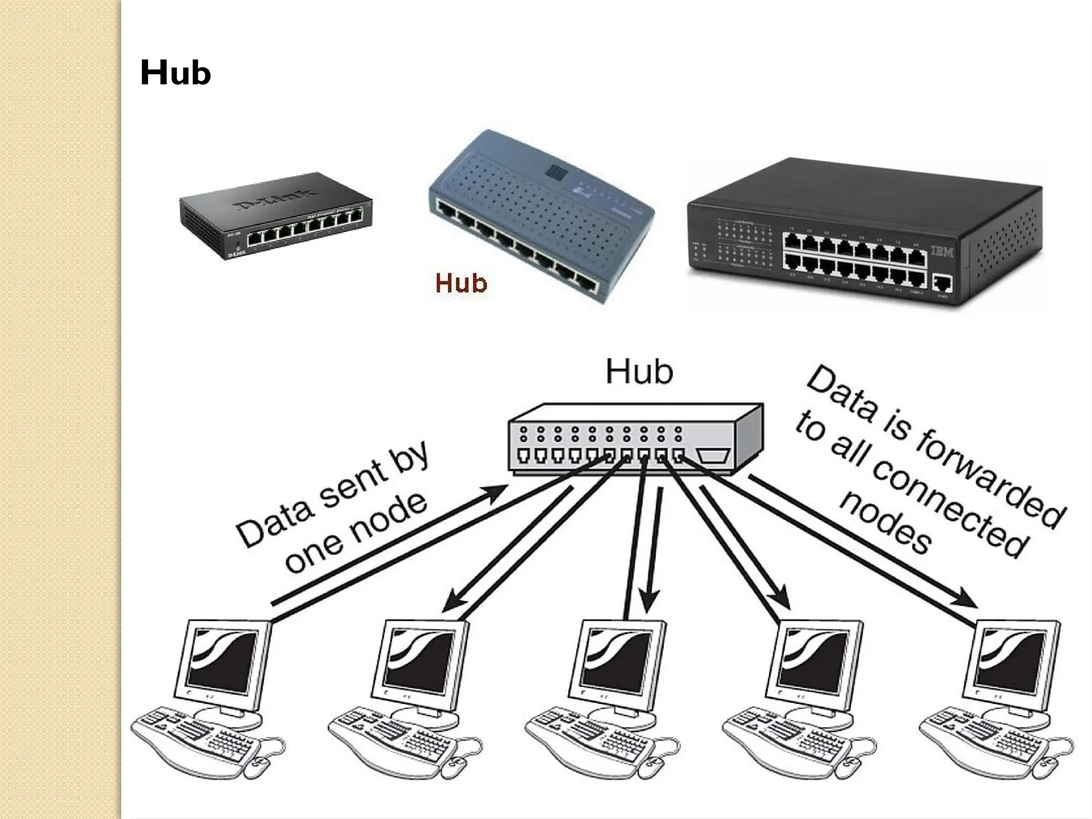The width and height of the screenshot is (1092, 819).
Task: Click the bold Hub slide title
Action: click(x=175, y=73)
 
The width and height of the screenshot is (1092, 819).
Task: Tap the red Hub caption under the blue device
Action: click(x=461, y=283)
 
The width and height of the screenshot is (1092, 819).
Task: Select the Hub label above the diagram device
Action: click(x=639, y=372)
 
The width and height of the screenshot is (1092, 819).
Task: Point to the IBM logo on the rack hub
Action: click(x=942, y=252)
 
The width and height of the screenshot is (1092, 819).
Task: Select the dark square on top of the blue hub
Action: click(x=555, y=171)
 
